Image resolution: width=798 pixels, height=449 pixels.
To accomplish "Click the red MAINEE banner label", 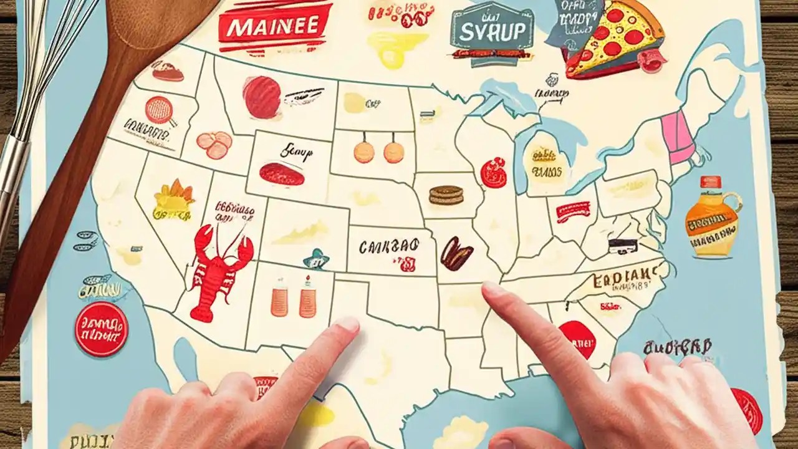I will (x=275, y=27).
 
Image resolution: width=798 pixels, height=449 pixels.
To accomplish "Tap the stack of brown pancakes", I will (x=446, y=195).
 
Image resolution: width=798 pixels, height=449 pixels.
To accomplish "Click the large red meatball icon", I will (x=261, y=97).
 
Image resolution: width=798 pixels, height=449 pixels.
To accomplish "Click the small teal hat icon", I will (x=315, y=258).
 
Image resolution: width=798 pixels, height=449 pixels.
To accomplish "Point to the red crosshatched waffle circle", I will (x=158, y=109).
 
